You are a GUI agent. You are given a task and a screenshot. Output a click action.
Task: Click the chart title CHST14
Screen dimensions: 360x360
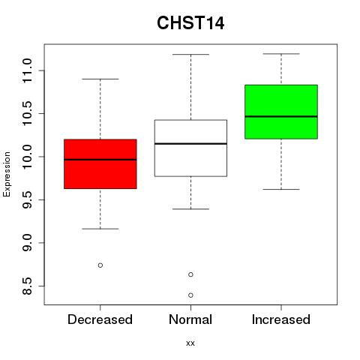pyautogui.click(x=190, y=22)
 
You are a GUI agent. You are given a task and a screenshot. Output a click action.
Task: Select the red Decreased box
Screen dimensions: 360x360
pyautogui.click(x=100, y=164)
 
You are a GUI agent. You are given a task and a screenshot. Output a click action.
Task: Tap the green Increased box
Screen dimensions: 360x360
pyautogui.click(x=281, y=112)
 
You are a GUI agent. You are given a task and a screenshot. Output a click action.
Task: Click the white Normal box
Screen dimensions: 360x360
pyautogui.click(x=190, y=148)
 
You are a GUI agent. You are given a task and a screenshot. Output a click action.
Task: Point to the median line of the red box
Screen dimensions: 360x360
pyautogui.click(x=100, y=160)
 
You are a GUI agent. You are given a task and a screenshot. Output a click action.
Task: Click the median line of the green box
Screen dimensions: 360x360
pyautogui.click(x=281, y=116)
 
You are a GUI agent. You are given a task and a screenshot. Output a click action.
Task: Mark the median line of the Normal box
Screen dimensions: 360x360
pyautogui.click(x=190, y=143)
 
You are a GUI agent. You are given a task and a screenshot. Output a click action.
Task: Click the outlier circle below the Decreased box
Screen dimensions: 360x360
pyautogui.click(x=100, y=265)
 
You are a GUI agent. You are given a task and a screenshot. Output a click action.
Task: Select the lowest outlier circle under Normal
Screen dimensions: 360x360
pyautogui.click(x=190, y=295)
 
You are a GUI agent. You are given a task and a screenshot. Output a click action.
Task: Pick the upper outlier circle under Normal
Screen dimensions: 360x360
pyautogui.click(x=190, y=274)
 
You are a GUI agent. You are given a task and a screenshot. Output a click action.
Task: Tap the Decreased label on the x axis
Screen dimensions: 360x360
pyautogui.click(x=100, y=319)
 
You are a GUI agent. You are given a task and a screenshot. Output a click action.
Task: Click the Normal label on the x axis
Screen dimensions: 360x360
pyautogui.click(x=190, y=319)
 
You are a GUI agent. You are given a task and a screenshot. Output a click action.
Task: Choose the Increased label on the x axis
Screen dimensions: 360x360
pyautogui.click(x=281, y=319)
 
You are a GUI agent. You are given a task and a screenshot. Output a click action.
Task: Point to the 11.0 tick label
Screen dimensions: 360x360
pyautogui.click(x=27, y=70)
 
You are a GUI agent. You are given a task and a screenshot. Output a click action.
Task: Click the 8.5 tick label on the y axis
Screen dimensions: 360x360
pyautogui.click(x=27, y=286)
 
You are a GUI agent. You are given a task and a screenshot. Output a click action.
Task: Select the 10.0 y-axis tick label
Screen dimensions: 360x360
pyautogui.click(x=27, y=157)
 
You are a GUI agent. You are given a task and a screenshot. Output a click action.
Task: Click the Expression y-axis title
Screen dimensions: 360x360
pyautogui.click(x=7, y=175)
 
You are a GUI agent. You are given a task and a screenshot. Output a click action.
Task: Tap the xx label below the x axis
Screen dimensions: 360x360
pyautogui.click(x=190, y=343)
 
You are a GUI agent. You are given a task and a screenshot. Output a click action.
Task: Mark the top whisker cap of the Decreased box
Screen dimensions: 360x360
pyautogui.click(x=100, y=79)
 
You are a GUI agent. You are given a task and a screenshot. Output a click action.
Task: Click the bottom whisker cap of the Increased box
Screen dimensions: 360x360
pyautogui.click(x=281, y=189)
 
